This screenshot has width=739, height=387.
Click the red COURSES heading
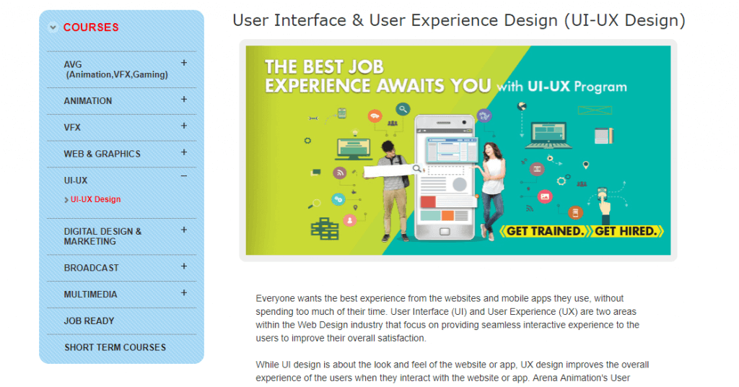[91, 27]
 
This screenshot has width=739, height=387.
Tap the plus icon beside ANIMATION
[184, 100]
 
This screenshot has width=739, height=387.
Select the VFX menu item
[72, 127]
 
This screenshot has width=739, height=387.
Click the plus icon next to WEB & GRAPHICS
[184, 152]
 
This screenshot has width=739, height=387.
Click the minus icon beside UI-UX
[184, 176]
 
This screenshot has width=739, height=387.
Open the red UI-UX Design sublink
[96, 199]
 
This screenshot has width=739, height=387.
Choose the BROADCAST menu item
[92, 268]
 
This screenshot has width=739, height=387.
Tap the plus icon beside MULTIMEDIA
[184, 292]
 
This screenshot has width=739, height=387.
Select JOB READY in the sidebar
[89, 321]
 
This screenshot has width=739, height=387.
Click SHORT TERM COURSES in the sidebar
[115, 347]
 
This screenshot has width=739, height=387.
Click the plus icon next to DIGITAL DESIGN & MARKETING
[184, 230]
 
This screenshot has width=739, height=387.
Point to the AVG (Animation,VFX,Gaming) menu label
[116, 69]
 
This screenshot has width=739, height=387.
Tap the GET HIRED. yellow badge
[626, 232]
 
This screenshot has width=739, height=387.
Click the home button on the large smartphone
[445, 232]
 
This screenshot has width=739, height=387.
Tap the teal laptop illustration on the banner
[548, 135]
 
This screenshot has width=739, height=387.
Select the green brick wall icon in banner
[325, 229]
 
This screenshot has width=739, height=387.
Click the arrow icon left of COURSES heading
[53, 27]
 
